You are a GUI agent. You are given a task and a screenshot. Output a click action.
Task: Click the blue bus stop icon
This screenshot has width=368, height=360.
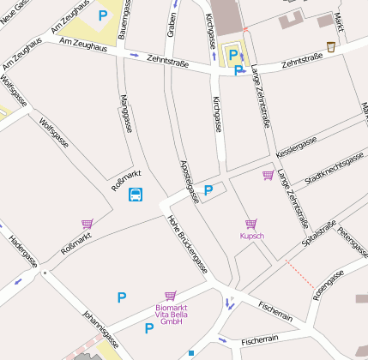click(x=136, y=195)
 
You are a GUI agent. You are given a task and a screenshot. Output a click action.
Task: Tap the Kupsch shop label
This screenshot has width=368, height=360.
click(x=252, y=235)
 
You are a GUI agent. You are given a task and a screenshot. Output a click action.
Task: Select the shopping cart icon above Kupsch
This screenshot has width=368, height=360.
click(x=251, y=224)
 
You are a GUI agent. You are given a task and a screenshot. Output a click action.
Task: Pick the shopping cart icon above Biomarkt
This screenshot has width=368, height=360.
click(x=170, y=296)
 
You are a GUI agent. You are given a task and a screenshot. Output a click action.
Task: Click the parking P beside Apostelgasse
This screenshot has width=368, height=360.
click(x=208, y=190)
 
